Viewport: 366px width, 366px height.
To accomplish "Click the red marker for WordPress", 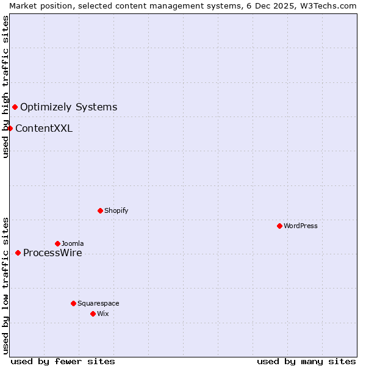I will (279, 226).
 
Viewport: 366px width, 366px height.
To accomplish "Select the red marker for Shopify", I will (100, 210).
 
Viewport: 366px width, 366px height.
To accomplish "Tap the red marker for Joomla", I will (57, 243).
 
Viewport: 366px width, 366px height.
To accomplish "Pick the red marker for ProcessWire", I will (18, 253).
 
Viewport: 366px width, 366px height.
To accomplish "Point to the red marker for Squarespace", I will (73, 303).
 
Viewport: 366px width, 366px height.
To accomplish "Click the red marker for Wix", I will (93, 314).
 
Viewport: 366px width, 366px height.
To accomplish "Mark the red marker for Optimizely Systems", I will (15, 107).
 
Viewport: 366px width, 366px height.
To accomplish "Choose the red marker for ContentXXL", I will (10, 128).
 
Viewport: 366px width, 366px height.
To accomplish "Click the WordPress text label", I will (301, 226).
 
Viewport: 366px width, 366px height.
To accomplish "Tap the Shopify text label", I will (117, 210).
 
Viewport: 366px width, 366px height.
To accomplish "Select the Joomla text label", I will (73, 243).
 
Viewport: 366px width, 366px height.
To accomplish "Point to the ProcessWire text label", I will (52, 253).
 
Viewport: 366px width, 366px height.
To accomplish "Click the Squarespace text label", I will (98, 303).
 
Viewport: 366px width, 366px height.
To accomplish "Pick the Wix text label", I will (103, 314).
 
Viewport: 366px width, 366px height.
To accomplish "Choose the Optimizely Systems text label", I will (69, 107).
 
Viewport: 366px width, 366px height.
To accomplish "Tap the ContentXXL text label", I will (44, 128).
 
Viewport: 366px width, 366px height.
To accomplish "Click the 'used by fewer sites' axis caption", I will (63, 361).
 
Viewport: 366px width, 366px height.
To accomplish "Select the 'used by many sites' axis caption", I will (306, 361).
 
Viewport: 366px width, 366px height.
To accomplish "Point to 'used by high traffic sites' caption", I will (5, 87).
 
